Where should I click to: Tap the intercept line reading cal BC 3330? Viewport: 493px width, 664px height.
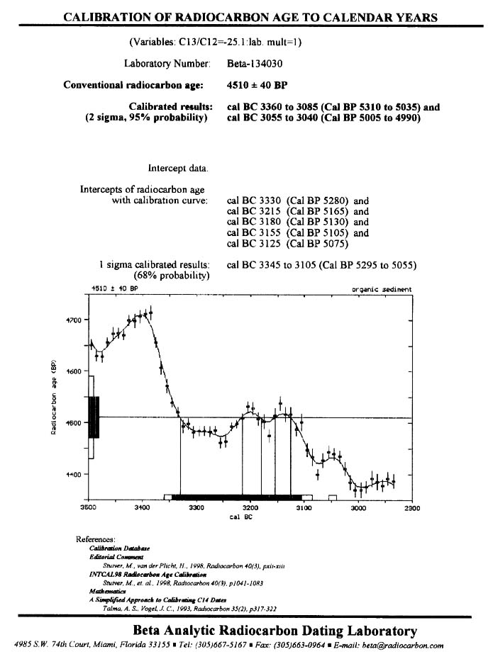pyautogui.click(x=297, y=201)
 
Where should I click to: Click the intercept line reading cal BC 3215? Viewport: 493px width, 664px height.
pyautogui.click(x=297, y=211)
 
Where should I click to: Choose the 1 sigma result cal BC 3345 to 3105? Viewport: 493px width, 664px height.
pyautogui.click(x=321, y=266)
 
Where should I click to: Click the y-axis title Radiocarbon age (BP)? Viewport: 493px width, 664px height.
pyautogui.click(x=53, y=397)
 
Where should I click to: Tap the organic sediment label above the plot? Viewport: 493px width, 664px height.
pyautogui.click(x=382, y=290)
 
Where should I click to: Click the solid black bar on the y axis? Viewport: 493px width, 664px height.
pyautogui.click(x=94, y=417)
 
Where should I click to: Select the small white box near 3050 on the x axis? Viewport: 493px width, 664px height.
pyautogui.click(x=332, y=498)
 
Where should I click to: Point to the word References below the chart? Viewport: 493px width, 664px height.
pyautogui.click(x=95, y=540)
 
